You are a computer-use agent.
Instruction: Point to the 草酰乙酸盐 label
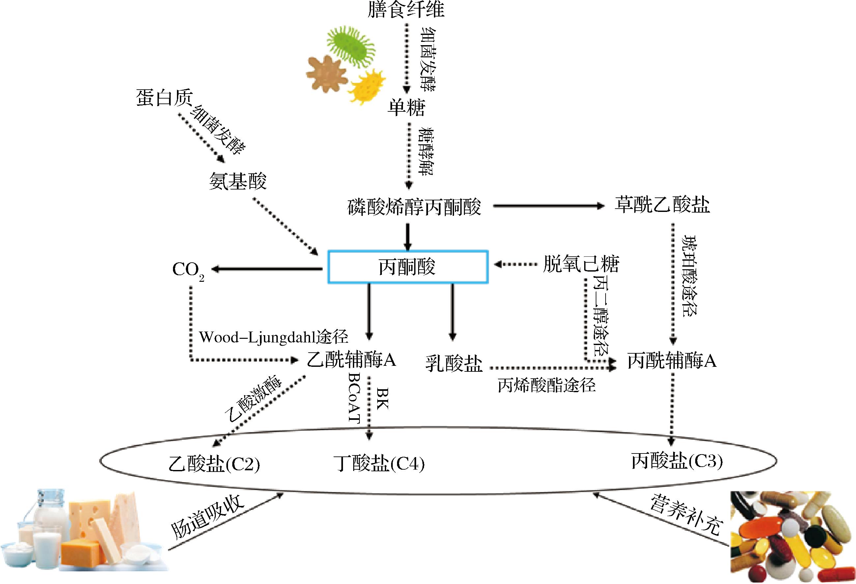coord(662,205)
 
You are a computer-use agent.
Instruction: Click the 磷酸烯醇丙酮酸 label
coord(414,207)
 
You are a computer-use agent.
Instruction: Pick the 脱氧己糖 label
coord(581,264)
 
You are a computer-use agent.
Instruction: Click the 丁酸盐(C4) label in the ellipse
coord(379,463)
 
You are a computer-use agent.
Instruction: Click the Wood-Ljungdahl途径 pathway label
coord(274,336)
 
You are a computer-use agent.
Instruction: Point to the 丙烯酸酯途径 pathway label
coord(547,385)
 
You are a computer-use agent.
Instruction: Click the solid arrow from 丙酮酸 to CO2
coord(267,269)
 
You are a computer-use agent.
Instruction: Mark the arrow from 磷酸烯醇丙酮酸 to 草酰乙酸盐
coord(549,206)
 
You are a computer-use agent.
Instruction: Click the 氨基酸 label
coord(238,181)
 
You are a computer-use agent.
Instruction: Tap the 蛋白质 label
coord(165,98)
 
